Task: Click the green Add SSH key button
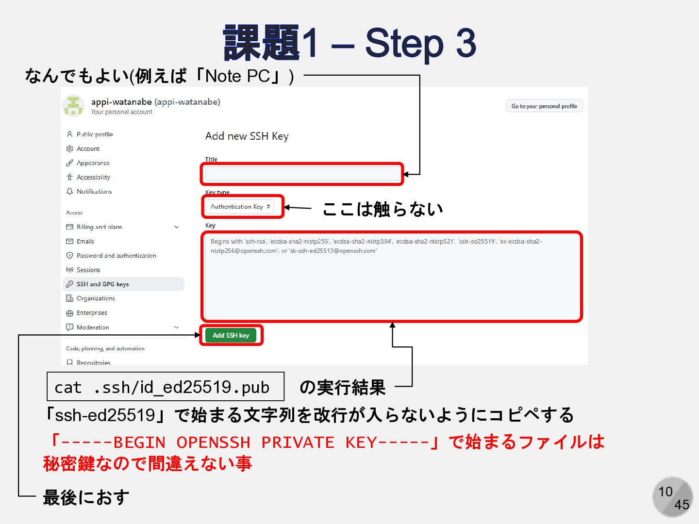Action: (231, 335)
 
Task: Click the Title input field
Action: (302, 174)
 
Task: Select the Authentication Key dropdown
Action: (240, 207)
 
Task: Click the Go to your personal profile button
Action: (544, 106)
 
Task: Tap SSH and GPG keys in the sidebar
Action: (102, 284)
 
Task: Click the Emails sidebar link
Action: (85, 241)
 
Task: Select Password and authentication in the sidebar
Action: (116, 256)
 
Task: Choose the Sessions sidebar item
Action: (88, 270)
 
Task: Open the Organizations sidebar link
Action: (96, 298)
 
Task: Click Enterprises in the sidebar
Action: (92, 313)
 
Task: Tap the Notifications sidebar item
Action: (94, 192)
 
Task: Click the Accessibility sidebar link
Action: (93, 178)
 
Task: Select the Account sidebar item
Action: (88, 149)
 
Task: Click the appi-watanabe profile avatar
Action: (73, 106)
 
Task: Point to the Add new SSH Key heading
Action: (247, 136)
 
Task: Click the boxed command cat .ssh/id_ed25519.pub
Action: (165, 387)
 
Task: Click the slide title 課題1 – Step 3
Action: (349, 44)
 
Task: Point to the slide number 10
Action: (666, 492)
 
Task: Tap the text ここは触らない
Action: (383, 209)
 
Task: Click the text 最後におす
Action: (86, 497)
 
